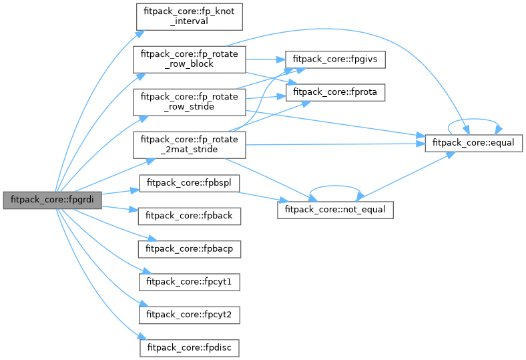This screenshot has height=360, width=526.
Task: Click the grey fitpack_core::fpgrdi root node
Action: pos(52,199)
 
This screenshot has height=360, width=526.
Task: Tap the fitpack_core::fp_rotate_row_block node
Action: pos(190,59)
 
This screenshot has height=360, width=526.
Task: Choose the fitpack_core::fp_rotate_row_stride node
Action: pos(190,103)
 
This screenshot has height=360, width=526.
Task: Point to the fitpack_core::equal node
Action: pos(473,142)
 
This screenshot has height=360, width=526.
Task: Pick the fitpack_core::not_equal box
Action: pos(335,209)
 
